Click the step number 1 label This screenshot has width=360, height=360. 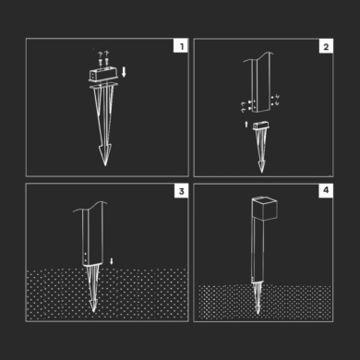click(181, 46)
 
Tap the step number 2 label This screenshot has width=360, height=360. click(326, 47)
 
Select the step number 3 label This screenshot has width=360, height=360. click(181, 191)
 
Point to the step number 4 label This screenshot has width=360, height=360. click(326, 190)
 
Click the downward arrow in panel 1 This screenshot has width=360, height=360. click(124, 73)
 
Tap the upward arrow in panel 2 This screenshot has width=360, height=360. click(246, 124)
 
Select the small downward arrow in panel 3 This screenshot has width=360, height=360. click(112, 261)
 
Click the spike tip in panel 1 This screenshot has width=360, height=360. click(105, 165)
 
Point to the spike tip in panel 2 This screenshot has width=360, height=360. click(261, 172)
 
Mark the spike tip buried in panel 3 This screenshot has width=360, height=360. click(93, 311)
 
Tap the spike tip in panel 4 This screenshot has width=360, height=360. click(258, 314)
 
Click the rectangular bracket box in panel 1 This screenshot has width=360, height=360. click(103, 75)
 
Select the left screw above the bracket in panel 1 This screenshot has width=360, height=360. click(101, 62)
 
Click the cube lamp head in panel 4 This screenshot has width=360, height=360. click(264, 210)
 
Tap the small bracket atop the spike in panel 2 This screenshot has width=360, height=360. click(261, 126)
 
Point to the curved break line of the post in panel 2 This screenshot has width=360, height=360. click(258, 57)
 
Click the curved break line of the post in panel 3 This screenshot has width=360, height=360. click(90, 207)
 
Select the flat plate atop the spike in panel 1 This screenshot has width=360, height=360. click(104, 86)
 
